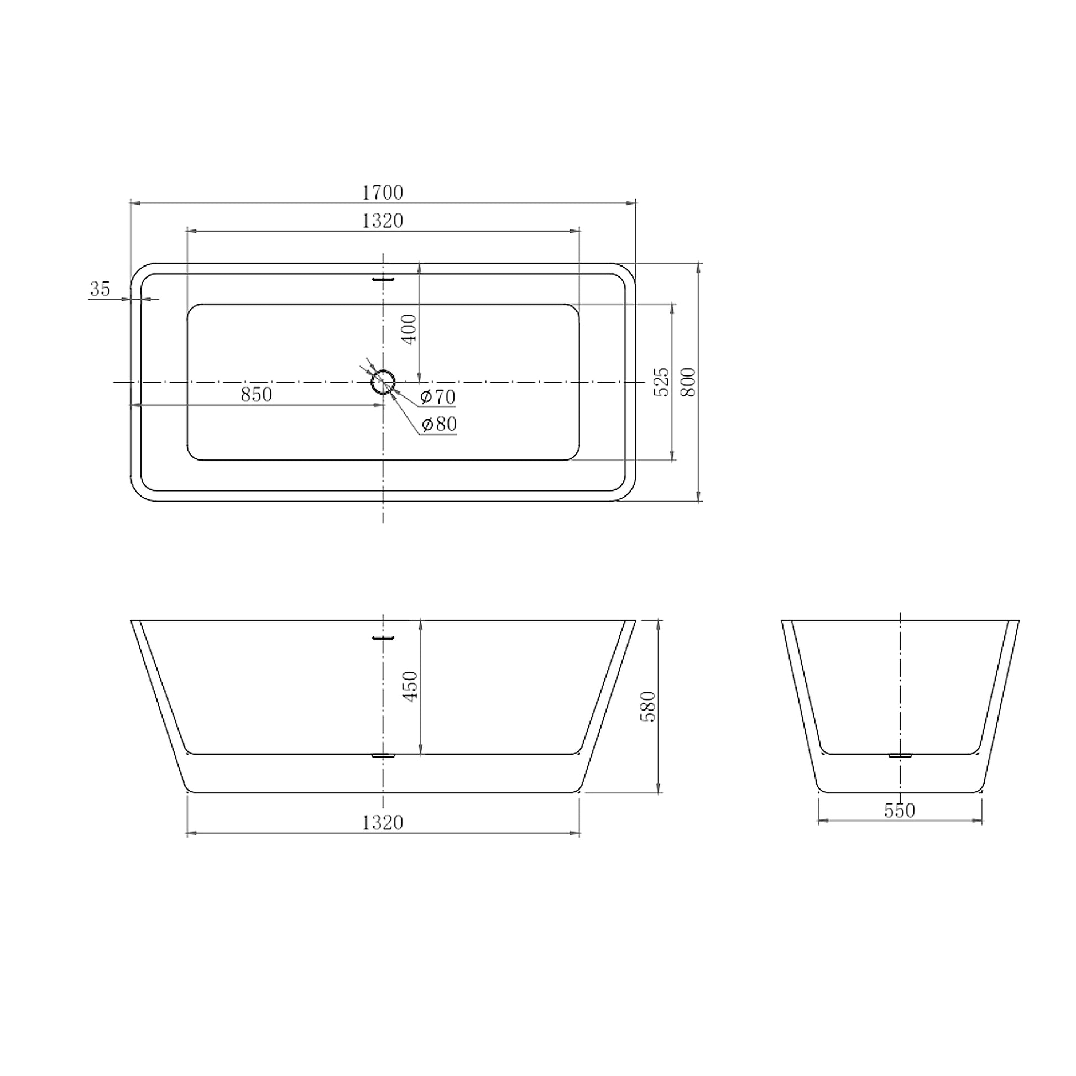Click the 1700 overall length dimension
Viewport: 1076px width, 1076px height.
pos(383,193)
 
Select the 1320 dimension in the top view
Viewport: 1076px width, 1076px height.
pos(383,221)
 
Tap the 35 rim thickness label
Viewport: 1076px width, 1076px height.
pos(100,289)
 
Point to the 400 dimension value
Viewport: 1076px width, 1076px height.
pos(409,329)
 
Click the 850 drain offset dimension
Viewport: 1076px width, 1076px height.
pos(256,394)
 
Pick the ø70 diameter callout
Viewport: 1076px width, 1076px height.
pos(438,397)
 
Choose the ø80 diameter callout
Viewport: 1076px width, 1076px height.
pos(440,425)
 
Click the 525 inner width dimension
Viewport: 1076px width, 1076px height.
pos(662,382)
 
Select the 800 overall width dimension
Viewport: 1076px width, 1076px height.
pos(689,382)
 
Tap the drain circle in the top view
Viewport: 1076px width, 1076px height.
pos(383,382)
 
